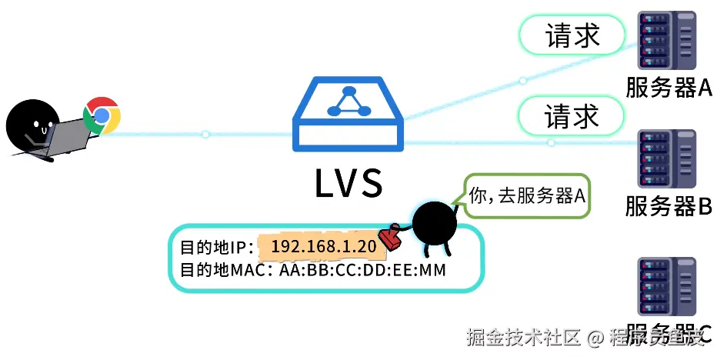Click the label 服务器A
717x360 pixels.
(x=669, y=88)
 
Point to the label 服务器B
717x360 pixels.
(x=669, y=206)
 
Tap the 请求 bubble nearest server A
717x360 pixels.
(x=572, y=35)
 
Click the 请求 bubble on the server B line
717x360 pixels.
(x=572, y=117)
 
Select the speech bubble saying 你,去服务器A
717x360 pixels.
(x=528, y=197)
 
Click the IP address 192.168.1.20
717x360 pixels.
(x=323, y=247)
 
